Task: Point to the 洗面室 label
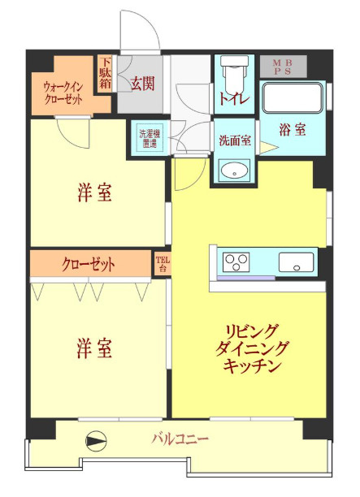(235, 139)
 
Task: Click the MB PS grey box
(284, 67)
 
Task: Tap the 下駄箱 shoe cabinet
(106, 74)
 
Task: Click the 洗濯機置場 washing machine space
(149, 138)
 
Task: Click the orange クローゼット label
(89, 264)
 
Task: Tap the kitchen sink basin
(296, 263)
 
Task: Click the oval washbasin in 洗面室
(235, 169)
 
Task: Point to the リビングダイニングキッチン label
(253, 348)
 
